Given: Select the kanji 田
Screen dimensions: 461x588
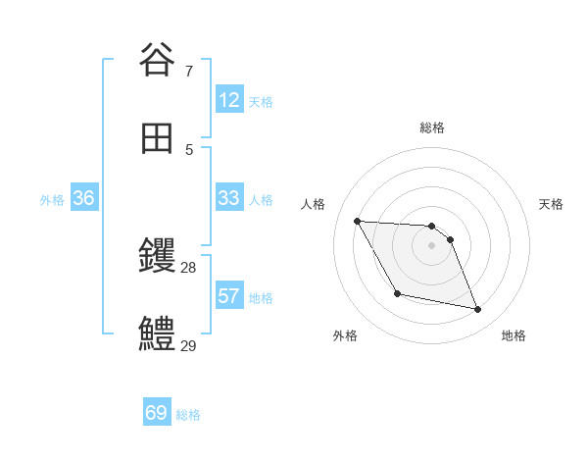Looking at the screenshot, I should tap(158, 138).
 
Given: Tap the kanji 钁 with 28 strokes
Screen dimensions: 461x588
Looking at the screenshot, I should tap(158, 258).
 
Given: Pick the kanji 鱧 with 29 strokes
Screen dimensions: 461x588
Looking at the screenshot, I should tap(158, 334).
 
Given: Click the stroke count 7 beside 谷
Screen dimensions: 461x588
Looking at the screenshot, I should tap(188, 72).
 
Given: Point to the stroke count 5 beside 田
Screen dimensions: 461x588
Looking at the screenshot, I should tap(188, 150).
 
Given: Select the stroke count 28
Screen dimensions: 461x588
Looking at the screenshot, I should tap(188, 268).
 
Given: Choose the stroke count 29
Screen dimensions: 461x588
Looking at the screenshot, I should tap(188, 345).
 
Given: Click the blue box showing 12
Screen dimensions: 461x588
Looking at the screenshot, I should tap(229, 100).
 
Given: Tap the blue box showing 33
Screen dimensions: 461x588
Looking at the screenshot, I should tap(229, 198).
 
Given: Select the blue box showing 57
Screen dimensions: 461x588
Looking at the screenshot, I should tap(229, 296).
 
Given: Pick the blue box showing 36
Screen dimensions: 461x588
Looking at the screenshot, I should tap(84, 198).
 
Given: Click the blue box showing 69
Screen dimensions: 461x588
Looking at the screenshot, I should tap(157, 413).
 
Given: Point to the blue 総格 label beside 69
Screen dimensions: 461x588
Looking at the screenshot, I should tap(188, 415).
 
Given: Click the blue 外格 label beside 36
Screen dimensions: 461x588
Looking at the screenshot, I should tap(52, 200).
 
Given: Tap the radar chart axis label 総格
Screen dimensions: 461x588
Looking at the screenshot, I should tap(432, 128).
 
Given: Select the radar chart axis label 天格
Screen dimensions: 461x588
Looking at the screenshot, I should tap(551, 204).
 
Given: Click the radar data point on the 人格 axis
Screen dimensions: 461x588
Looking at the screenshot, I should tap(357, 221).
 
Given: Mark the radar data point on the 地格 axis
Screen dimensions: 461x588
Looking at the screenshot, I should tap(478, 310).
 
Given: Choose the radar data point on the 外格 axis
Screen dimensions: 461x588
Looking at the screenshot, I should tap(397, 293).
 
